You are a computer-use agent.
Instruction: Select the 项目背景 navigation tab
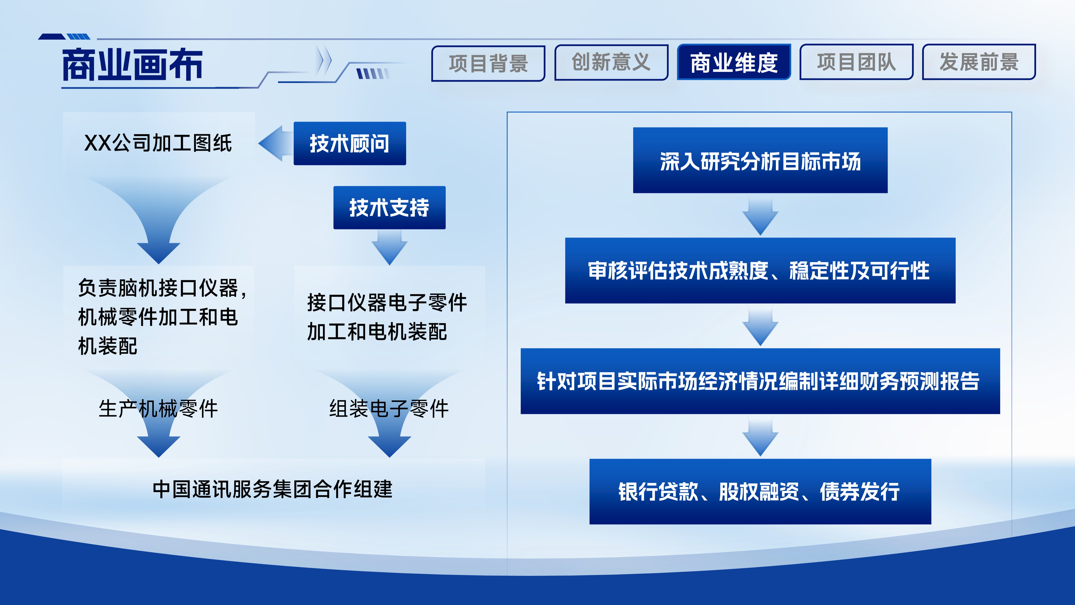488,63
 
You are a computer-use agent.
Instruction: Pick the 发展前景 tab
979,62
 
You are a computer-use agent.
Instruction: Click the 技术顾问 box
350,143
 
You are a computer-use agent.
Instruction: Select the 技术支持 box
389,208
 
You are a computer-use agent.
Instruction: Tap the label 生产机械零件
158,408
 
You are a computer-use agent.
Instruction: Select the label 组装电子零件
389,408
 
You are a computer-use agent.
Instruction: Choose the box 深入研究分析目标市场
760,160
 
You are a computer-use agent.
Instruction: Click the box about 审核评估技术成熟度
760,271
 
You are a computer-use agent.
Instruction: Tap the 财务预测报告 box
760,381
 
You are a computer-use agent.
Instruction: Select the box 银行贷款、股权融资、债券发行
760,491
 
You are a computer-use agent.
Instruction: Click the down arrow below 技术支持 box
389,247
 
